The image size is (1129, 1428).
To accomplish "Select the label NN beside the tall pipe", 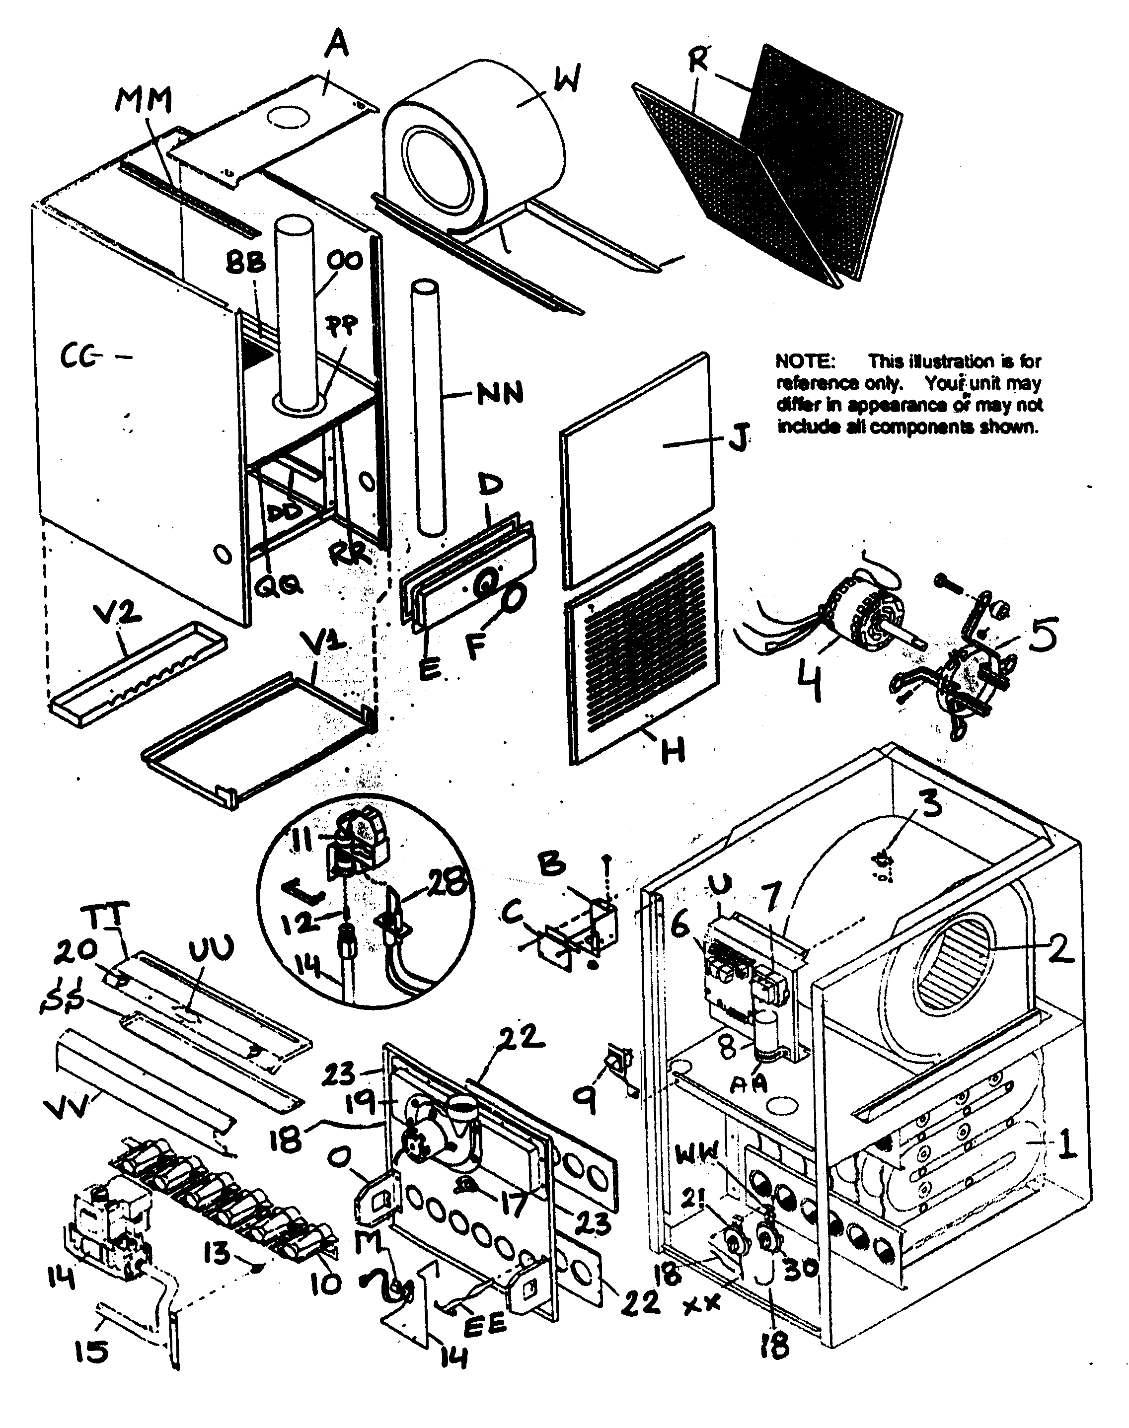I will click(500, 394).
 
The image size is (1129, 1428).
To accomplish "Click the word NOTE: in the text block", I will click(805, 361).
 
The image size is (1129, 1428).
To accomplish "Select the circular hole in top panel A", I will click(289, 117).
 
